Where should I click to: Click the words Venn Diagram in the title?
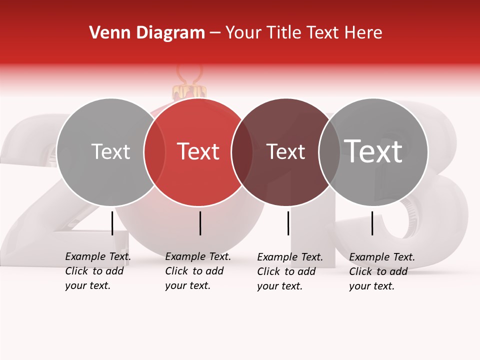pyautogui.click(x=147, y=33)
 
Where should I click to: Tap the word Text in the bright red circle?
pyautogui.click(x=198, y=151)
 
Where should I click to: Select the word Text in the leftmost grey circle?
pyautogui.click(x=110, y=151)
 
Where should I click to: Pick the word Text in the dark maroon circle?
pyautogui.click(x=285, y=151)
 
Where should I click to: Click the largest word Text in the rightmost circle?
pyautogui.click(x=373, y=151)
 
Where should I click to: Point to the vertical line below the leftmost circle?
pyautogui.click(x=112, y=223)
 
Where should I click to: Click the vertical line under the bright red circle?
pyautogui.click(x=200, y=223)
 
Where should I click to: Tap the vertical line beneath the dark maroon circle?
pyautogui.click(x=288, y=223)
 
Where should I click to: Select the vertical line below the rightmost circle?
pyautogui.click(x=372, y=223)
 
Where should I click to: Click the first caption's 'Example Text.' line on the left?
pyautogui.click(x=98, y=256)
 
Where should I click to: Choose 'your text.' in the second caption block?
pyautogui.click(x=187, y=285)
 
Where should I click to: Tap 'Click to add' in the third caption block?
pyautogui.click(x=286, y=271)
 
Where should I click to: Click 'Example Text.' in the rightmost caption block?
pyautogui.click(x=382, y=257)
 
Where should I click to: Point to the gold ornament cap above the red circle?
pyautogui.click(x=189, y=91)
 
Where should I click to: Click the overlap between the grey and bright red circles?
pyautogui.click(x=154, y=152)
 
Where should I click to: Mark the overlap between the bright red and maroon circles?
pyautogui.click(x=242, y=152)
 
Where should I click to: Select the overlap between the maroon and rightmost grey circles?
pyautogui.click(x=329, y=152)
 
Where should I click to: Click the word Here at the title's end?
pyautogui.click(x=365, y=33)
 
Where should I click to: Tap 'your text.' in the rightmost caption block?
pyautogui.click(x=371, y=286)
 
